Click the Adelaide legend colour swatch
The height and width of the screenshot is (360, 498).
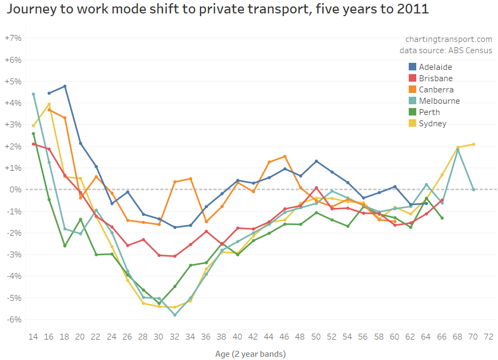tap(412, 67)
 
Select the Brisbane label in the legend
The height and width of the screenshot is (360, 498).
tap(436, 78)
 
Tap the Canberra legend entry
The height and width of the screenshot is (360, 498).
tap(436, 90)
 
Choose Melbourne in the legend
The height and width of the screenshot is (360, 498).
tap(439, 101)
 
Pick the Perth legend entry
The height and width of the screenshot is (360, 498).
tap(429, 112)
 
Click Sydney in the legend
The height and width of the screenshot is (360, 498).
tap(433, 124)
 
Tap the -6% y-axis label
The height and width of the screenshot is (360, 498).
tap(13, 319)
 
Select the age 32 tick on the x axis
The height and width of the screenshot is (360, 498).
tap(175, 336)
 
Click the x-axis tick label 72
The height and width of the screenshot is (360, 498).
tap(489, 336)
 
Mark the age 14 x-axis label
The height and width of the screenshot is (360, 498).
tap(33, 336)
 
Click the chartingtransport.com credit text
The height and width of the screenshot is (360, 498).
tap(449, 39)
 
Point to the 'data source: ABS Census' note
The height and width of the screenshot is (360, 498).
tap(446, 51)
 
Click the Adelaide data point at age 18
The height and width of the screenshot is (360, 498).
tap(65, 87)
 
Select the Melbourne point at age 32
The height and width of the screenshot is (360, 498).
tap(175, 315)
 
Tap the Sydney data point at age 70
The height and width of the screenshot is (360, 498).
tap(473, 144)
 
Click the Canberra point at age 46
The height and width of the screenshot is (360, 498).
tap(284, 156)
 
